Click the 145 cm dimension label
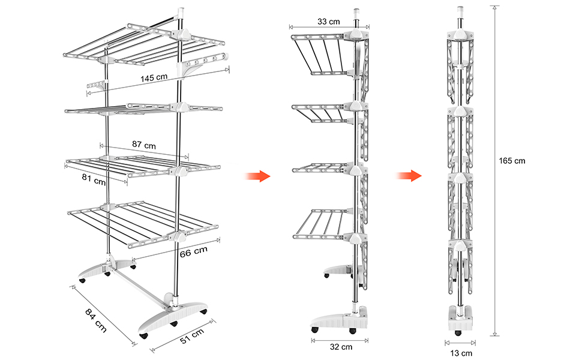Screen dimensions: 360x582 (x=154, y=78)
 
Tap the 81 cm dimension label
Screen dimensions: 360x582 (x=93, y=178)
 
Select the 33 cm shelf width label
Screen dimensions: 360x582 (x=328, y=22)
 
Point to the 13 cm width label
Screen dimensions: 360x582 (x=461, y=353)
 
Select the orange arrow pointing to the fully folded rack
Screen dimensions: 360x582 (x=410, y=176)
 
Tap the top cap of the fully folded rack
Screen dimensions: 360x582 (x=460, y=10)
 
